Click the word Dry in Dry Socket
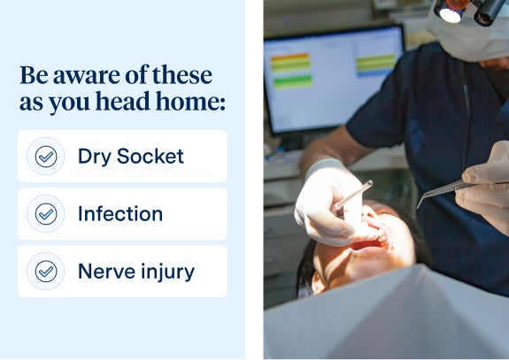(94, 157)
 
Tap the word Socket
(150, 156)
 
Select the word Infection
(120, 214)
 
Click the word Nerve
(106, 272)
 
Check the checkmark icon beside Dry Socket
(46, 157)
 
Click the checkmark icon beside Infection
(46, 214)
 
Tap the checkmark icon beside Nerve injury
(46, 272)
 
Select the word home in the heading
(190, 101)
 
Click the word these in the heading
(182, 74)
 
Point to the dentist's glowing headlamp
(451, 13)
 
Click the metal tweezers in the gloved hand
(444, 191)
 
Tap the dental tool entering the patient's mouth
(353, 195)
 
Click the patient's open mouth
(370, 244)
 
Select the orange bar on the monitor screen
(289, 57)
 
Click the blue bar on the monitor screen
(375, 73)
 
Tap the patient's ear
(319, 283)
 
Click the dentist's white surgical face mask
(467, 35)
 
